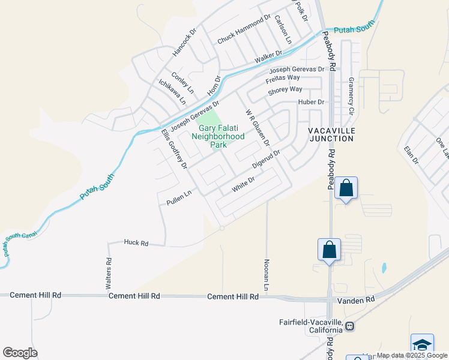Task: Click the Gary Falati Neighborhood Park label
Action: pos(218,136)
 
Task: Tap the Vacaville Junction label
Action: pos(331,134)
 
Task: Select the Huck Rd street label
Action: pos(136,242)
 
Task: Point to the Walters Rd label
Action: pos(109,274)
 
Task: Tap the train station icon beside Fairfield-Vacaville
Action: pos(349,326)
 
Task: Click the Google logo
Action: pos(20,353)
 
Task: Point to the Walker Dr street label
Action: pos(268,57)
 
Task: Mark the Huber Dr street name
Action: pos(311,102)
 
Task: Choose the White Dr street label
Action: pos(244,183)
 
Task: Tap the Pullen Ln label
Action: pos(178,199)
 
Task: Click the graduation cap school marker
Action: pos(422,345)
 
